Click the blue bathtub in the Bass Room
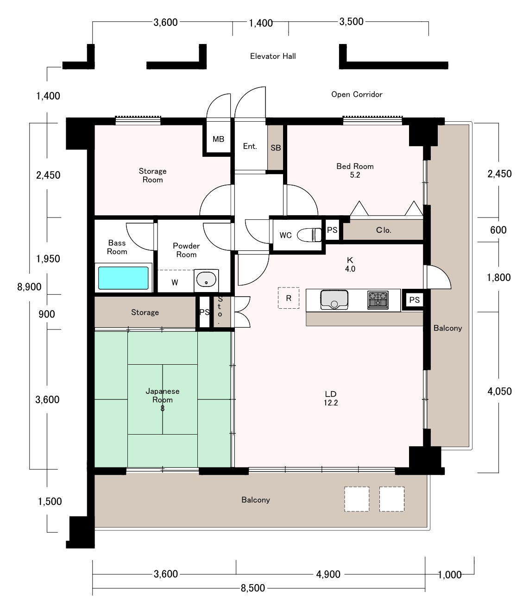tap(123, 278)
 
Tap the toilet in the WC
tap(309, 235)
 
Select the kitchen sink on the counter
tap(334, 299)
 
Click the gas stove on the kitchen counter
tap(378, 300)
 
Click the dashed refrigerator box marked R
tap(289, 298)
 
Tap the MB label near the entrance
tap(218, 139)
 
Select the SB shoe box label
tap(276, 148)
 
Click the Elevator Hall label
tap(273, 56)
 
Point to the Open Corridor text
tap(357, 94)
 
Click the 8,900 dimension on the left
tap(29, 287)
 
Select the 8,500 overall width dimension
tap(253, 588)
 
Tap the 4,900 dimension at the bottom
tap(328, 574)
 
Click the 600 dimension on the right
tap(498, 230)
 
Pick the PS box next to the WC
tap(332, 230)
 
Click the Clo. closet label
tap(384, 230)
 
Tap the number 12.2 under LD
tap(331, 403)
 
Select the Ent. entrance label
tap(250, 146)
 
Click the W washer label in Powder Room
tap(175, 283)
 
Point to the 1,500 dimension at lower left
tap(50, 501)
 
